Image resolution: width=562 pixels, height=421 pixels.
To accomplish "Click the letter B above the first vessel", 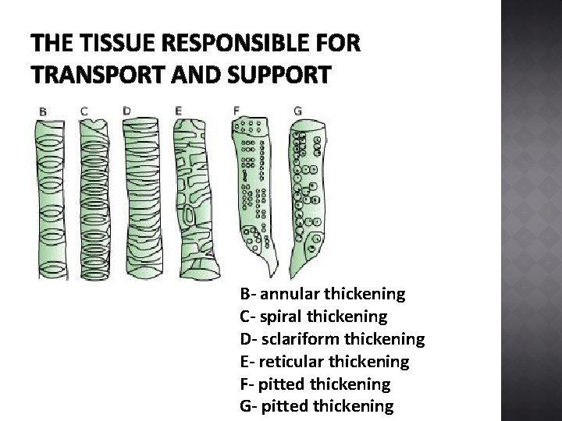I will click(43, 112).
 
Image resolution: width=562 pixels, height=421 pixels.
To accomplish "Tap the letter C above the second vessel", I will click(84, 111).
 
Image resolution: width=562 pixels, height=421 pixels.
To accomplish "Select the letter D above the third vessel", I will click(127, 111).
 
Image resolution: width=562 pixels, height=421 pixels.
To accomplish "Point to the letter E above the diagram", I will click(178, 111).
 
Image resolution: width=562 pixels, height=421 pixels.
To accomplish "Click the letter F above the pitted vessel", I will click(236, 111).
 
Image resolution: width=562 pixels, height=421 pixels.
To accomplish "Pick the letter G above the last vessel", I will click(297, 111).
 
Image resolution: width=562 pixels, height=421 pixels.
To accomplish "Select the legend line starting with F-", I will click(315, 384).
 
